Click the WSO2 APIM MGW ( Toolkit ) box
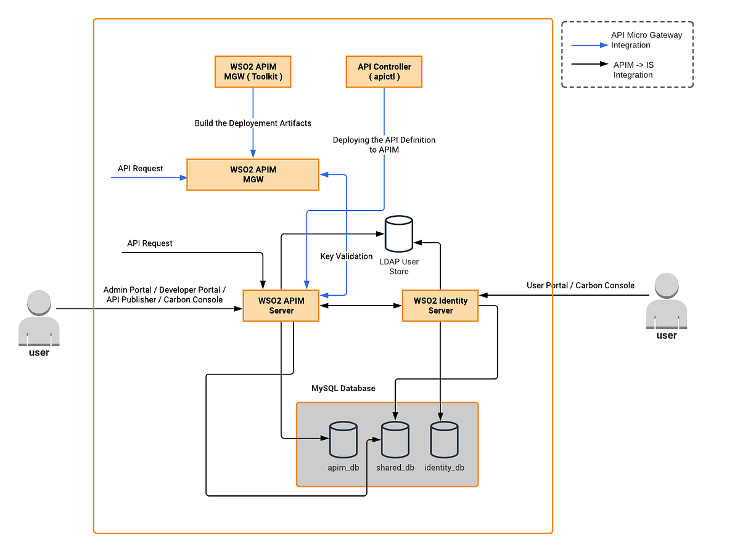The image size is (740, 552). point(253,72)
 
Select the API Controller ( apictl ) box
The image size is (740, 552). point(384,72)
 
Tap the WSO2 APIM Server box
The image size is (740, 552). point(281,306)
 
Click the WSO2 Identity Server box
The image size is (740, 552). point(440,306)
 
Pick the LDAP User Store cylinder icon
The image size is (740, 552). point(398,233)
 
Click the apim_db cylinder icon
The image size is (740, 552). point(343,439)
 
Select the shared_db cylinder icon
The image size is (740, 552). point(395,439)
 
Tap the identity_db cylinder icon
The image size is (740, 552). point(444,439)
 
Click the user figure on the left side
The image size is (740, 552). point(39,320)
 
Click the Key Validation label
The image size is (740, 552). point(346,256)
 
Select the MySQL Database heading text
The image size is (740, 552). point(343,389)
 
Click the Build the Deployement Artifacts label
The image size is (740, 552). point(253,123)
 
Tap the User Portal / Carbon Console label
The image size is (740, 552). point(580,285)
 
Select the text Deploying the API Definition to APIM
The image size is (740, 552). point(384,145)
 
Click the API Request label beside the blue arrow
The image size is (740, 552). point(141,168)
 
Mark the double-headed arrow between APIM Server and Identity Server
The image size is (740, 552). point(361,306)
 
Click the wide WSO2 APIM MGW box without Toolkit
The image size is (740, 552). point(253,174)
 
